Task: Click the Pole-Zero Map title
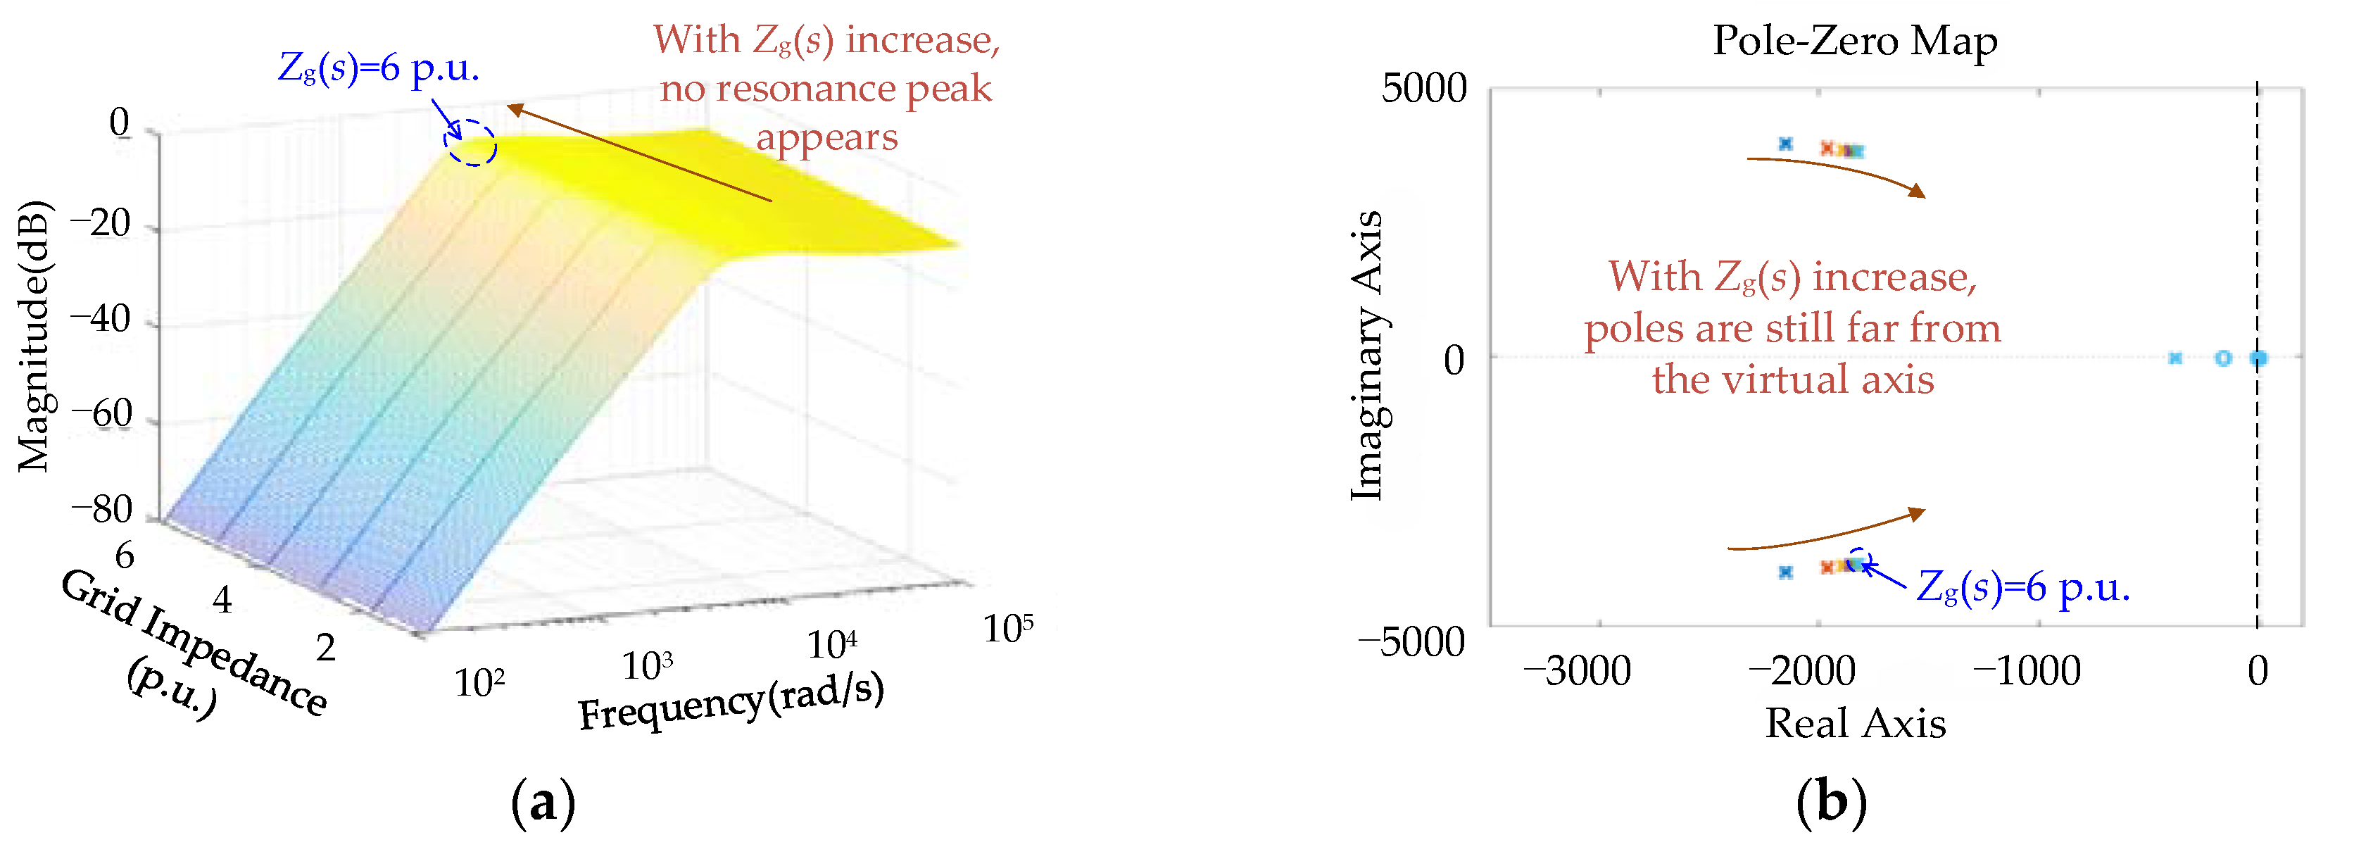pos(1854,41)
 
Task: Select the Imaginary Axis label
pos(1367,356)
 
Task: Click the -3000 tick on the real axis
pos(1576,671)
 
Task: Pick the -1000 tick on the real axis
pos(2026,671)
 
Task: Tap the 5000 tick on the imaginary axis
pos(1423,89)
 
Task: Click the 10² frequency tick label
pos(479,682)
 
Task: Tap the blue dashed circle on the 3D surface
pos(472,144)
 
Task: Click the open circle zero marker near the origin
pos(2223,358)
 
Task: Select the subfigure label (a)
pos(543,803)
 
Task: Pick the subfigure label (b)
pos(1830,803)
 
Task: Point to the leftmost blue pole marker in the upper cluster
pos(1785,144)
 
